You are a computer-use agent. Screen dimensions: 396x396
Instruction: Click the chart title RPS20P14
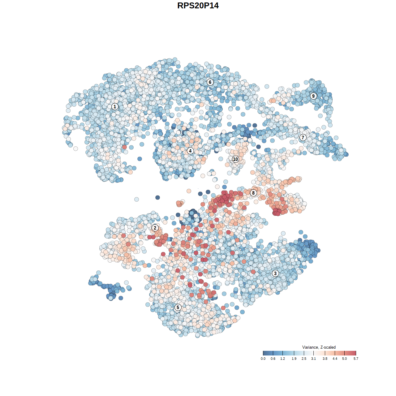[x=198, y=6]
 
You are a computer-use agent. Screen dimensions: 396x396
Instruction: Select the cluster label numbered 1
[x=115, y=106]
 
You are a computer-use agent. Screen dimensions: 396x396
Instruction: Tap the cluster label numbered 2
[x=155, y=228]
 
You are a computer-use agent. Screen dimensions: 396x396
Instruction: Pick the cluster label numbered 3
[x=275, y=273]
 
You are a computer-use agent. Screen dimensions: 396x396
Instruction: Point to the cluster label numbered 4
[x=190, y=151]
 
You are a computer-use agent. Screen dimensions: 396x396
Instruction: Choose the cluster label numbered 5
[x=178, y=307]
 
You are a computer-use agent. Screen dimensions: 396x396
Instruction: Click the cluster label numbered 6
[x=210, y=82]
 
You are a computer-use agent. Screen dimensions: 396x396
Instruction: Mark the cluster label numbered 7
[x=303, y=137]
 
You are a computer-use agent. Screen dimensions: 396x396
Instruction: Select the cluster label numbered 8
[x=253, y=193]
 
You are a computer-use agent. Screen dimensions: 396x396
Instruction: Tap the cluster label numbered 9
[x=313, y=96]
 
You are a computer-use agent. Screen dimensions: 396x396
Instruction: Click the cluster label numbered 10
[x=235, y=159]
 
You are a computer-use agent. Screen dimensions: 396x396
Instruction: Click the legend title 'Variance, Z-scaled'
[x=319, y=347]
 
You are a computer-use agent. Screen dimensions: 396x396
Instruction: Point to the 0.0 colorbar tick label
[x=263, y=359]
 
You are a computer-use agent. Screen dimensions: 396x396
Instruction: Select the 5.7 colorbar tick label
[x=356, y=359]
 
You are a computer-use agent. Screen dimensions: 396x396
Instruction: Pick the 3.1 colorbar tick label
[x=313, y=359]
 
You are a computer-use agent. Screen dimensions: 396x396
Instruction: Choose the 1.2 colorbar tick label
[x=283, y=359]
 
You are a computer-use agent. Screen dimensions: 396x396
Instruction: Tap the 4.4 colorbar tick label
[x=335, y=359]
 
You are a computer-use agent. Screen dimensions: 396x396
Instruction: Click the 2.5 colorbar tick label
[x=304, y=359]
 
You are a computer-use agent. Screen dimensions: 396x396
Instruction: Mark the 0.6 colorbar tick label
[x=273, y=359]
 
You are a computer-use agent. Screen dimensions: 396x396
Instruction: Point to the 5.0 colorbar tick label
[x=344, y=359]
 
